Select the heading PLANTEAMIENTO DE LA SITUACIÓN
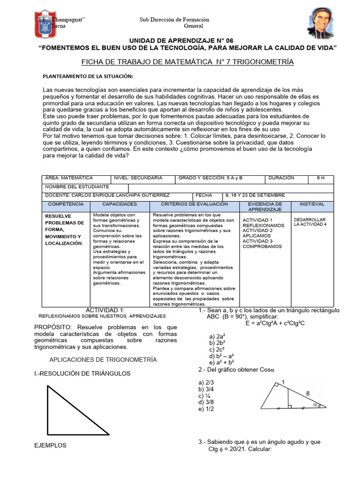point(88,76)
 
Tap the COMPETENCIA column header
point(66,204)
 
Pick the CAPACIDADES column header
point(120,204)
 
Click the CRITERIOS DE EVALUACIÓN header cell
point(194,204)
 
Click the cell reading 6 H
point(321,178)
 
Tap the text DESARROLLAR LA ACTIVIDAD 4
point(310,222)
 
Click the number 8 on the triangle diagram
point(308,394)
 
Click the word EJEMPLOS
point(51,445)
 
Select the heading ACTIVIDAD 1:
point(105,310)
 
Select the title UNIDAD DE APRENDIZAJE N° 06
point(180,41)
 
